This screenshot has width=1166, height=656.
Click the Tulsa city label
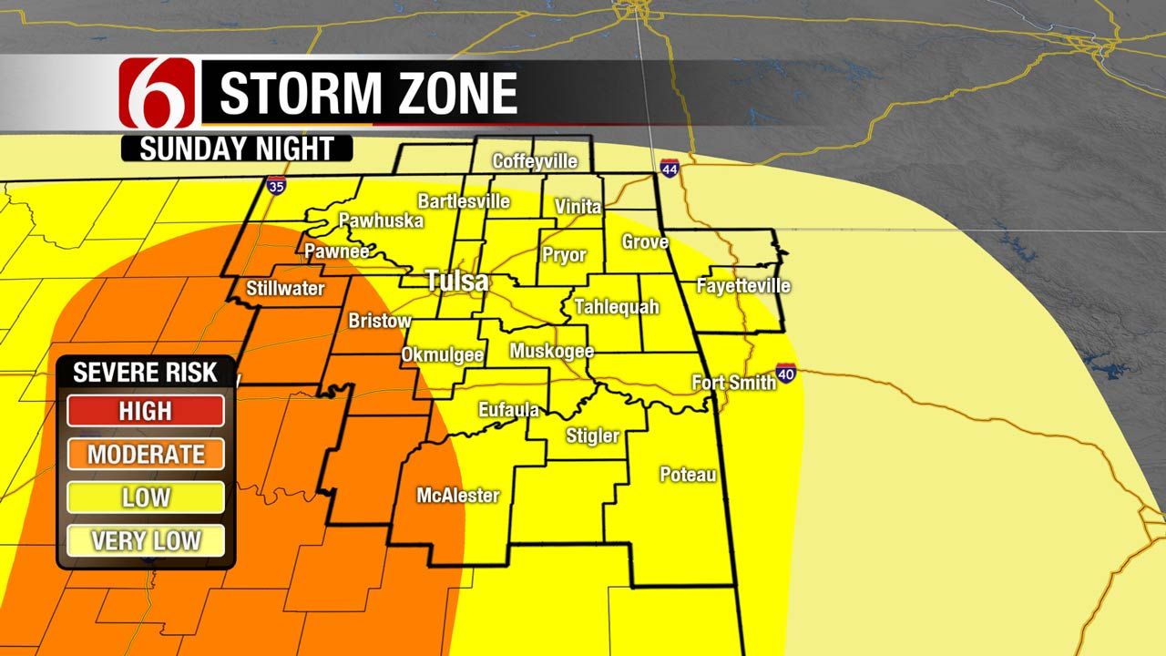(457, 282)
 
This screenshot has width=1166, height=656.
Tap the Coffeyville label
(535, 161)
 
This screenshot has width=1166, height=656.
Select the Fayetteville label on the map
(743, 286)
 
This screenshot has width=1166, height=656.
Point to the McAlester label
(458, 496)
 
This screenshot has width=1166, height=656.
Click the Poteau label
(688, 475)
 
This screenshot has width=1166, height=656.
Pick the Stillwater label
(285, 289)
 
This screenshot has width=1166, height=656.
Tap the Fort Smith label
(733, 383)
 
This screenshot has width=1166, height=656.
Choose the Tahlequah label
(616, 307)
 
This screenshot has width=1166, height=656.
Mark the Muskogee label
(552, 351)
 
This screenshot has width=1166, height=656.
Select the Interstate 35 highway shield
(275, 186)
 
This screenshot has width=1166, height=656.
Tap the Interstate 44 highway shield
(670, 169)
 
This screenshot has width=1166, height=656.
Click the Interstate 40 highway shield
(787, 372)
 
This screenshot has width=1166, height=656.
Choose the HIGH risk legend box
(146, 410)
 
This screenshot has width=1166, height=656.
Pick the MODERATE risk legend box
(146, 454)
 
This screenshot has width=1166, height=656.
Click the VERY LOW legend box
(146, 540)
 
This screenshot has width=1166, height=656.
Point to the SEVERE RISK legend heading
(146, 372)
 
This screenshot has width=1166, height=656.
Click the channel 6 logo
(158, 93)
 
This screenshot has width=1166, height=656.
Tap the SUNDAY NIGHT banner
(237, 149)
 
